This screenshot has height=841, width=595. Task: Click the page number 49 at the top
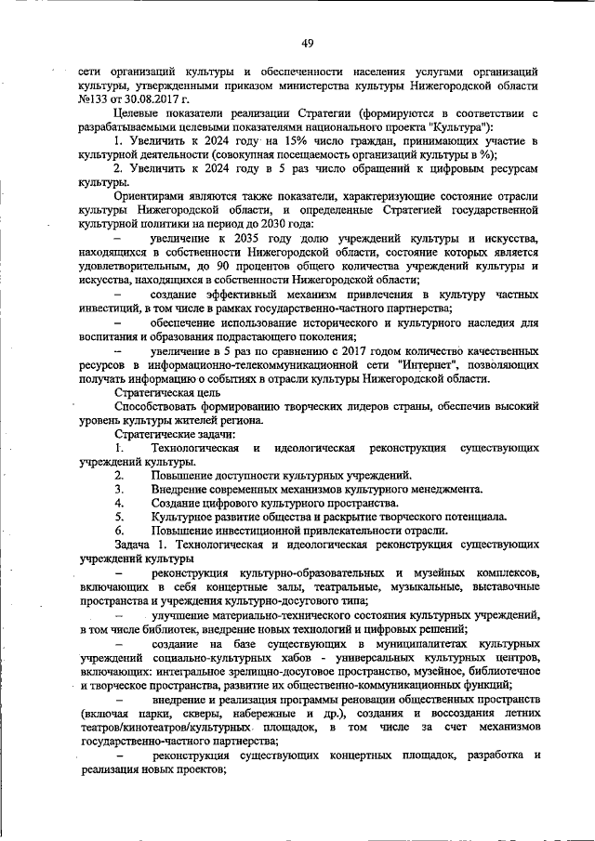tap(306, 41)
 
